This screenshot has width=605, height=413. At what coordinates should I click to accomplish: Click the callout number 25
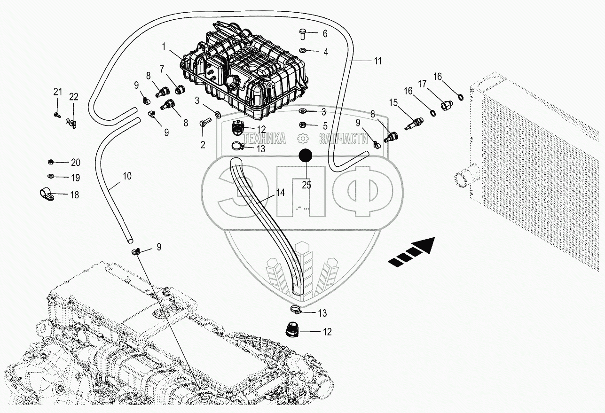click(x=306, y=185)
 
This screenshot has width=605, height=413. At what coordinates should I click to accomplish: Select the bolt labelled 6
click(x=303, y=33)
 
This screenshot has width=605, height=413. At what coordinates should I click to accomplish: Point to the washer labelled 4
click(x=303, y=50)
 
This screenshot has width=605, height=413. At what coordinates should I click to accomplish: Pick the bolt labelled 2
click(x=203, y=125)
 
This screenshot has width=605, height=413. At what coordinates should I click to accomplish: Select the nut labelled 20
click(x=50, y=162)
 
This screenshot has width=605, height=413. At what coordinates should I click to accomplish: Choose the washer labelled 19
click(x=50, y=177)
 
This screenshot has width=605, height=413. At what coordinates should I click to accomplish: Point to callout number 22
click(x=74, y=97)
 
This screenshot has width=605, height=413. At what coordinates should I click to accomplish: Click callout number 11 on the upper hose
click(x=377, y=61)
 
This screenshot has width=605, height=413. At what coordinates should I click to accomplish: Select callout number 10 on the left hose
click(x=127, y=176)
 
